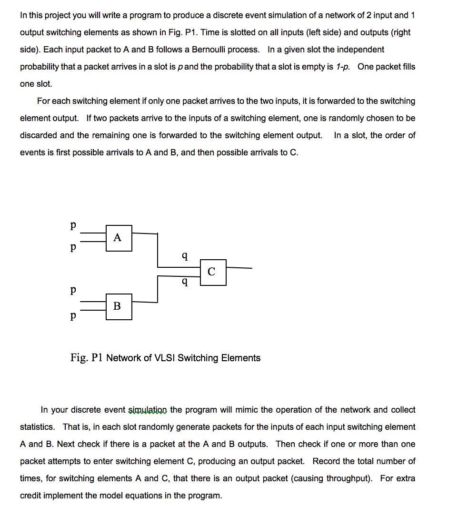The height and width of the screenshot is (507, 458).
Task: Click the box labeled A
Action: pos(119,237)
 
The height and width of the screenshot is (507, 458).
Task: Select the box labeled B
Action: pos(119,306)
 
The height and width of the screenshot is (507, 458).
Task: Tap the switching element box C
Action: pos(213,272)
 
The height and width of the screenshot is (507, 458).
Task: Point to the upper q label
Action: pos(185,257)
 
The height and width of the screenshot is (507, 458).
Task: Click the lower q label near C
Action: pos(185,283)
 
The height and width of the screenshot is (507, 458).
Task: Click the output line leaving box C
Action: pos(239,268)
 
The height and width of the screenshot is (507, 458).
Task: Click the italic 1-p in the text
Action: pos(343,67)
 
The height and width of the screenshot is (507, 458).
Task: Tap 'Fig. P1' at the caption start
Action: pos(87,358)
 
